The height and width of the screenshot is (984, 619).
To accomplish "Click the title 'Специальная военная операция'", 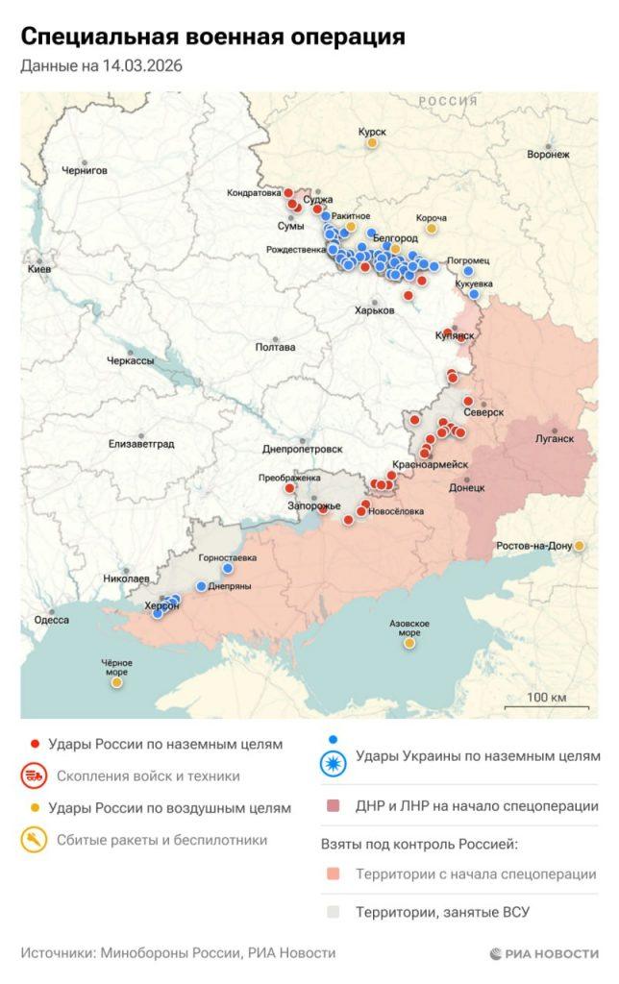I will [211, 37].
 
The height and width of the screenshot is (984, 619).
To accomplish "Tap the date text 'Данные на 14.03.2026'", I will [102, 66].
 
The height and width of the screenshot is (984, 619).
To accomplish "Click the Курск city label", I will [371, 131].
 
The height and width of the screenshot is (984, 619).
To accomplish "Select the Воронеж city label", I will [548, 154].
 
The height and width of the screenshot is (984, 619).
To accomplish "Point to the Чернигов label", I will [85, 170].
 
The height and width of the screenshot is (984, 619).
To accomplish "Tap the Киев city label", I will [39, 270].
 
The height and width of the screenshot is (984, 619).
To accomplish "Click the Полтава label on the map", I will [275, 347].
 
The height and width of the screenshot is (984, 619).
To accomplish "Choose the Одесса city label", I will [51, 620].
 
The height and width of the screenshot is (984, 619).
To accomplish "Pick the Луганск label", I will [554, 438].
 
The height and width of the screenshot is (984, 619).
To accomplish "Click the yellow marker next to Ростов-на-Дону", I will [580, 546].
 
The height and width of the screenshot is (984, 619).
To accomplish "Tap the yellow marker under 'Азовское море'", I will [409, 643].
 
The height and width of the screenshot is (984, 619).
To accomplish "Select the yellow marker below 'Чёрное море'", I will [117, 682].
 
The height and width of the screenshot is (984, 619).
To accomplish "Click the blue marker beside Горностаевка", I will [228, 568].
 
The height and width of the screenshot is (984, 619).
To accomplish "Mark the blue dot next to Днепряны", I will [201, 586].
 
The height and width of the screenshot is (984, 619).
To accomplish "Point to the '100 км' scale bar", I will [544, 699].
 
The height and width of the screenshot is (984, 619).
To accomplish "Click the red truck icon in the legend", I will [36, 775].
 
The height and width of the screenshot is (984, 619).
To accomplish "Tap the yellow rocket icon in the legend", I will [36, 840].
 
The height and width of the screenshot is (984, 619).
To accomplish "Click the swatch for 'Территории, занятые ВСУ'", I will [333, 912].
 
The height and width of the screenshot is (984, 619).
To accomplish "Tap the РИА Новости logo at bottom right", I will [543, 953].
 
